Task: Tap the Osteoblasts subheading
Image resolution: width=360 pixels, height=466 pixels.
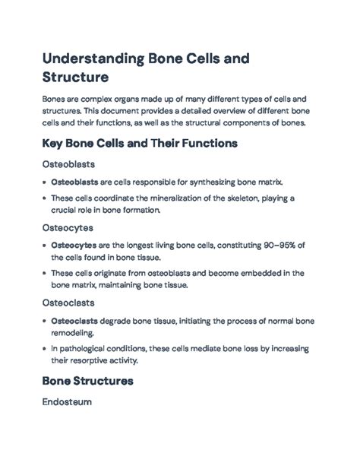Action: [x=68, y=164]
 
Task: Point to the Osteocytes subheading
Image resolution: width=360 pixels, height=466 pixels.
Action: [x=67, y=226]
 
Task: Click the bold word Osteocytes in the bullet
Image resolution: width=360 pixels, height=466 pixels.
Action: [x=74, y=245]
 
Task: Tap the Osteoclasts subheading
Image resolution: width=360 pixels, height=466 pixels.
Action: [x=68, y=302]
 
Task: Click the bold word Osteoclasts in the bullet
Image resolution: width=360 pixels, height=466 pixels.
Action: [x=74, y=320]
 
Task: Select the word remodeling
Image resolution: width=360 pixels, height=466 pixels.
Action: [x=73, y=332]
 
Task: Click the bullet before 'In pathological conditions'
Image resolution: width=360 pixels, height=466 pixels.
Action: [x=44, y=348]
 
